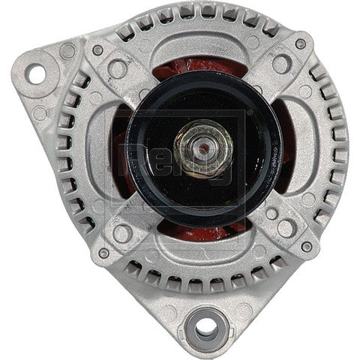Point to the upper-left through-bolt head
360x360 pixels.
click(97, 50)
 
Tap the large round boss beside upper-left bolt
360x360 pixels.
click(117, 69)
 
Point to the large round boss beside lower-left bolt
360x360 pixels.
click(121, 233)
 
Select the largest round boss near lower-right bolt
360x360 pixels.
click(286, 228)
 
